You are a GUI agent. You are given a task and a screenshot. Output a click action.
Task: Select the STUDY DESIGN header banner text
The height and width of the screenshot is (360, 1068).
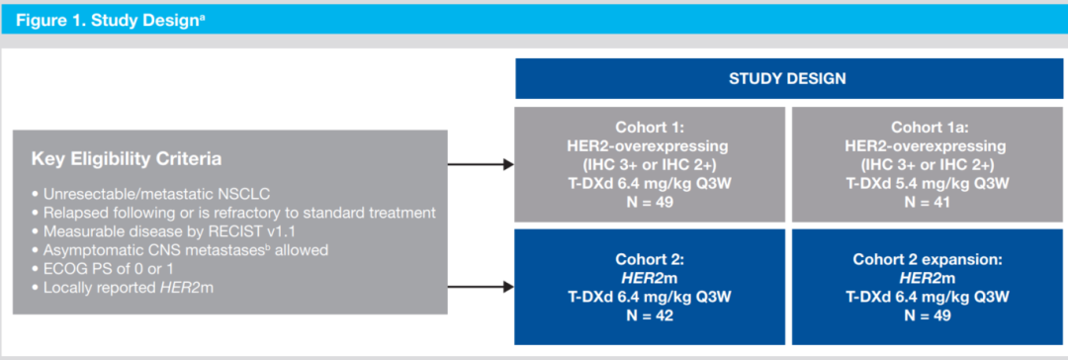(x=787, y=79)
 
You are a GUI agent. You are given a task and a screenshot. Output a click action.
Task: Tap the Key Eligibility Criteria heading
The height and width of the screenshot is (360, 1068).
(x=126, y=159)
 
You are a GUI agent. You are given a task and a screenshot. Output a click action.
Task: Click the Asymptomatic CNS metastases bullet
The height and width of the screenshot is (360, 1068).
(x=181, y=249)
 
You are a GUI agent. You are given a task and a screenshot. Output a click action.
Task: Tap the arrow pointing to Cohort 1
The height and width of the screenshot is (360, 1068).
(x=481, y=164)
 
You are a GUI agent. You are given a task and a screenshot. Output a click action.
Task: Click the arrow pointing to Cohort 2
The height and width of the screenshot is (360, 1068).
(x=481, y=287)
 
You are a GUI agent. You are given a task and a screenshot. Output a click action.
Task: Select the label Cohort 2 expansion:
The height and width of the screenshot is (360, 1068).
(x=928, y=260)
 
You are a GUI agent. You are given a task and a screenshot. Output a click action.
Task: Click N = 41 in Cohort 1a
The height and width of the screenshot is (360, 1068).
(x=928, y=201)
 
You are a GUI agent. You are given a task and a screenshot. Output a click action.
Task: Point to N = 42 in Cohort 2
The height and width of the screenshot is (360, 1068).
(x=649, y=315)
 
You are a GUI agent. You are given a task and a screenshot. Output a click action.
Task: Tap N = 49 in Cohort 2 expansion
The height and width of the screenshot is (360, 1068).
(x=928, y=315)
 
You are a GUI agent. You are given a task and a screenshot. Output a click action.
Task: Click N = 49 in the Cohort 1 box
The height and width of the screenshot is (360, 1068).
(x=649, y=201)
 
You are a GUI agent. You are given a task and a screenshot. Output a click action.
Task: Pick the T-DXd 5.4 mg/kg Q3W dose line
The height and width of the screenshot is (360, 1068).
(x=928, y=183)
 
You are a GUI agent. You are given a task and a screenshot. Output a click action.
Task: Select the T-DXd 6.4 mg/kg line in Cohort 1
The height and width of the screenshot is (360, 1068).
(x=649, y=183)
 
